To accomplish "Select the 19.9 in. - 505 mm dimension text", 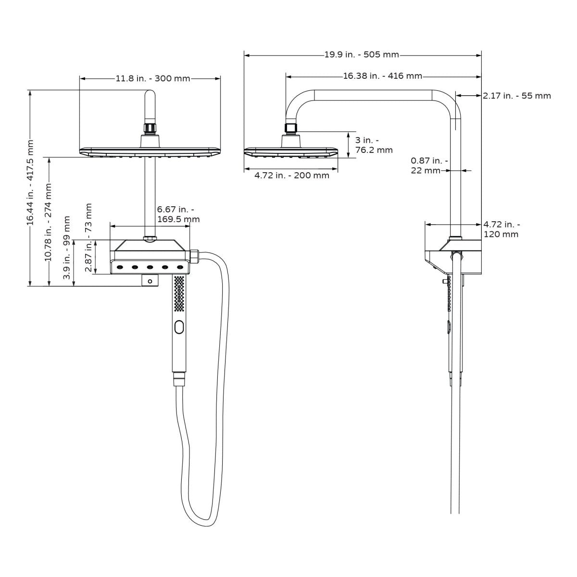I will [362, 54].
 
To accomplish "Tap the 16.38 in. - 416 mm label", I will [383, 75].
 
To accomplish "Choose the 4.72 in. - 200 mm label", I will [292, 176].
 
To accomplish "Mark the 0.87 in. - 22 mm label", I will [429, 165].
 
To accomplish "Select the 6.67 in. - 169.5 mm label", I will [178, 214].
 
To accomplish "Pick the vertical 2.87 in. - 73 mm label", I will [88, 238].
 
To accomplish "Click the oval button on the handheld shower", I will [179, 327].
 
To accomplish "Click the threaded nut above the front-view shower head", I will [150, 128].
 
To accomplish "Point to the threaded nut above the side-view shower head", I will [290, 128].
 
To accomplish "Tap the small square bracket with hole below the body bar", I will [150, 280].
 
